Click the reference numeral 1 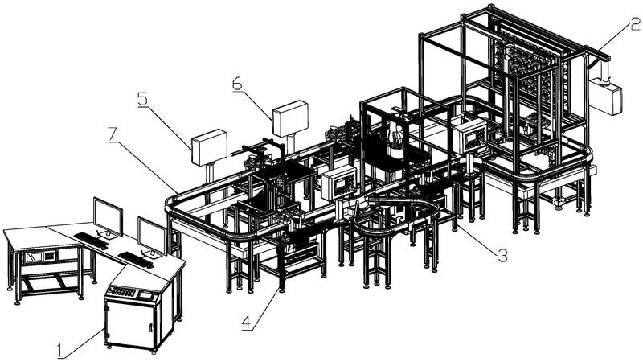(61, 352)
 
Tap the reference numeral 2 (635, 24)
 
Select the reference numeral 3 (502, 255)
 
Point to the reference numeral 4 (246, 323)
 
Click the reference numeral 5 (143, 99)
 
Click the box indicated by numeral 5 (209, 147)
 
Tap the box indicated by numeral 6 (290, 118)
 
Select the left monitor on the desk (108, 217)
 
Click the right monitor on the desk (152, 237)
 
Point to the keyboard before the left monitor (91, 240)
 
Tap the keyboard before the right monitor (136, 260)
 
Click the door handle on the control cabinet (151, 328)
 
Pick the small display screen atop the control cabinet (146, 294)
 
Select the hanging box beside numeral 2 (606, 97)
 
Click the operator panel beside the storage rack (469, 136)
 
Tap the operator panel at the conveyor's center (338, 183)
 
